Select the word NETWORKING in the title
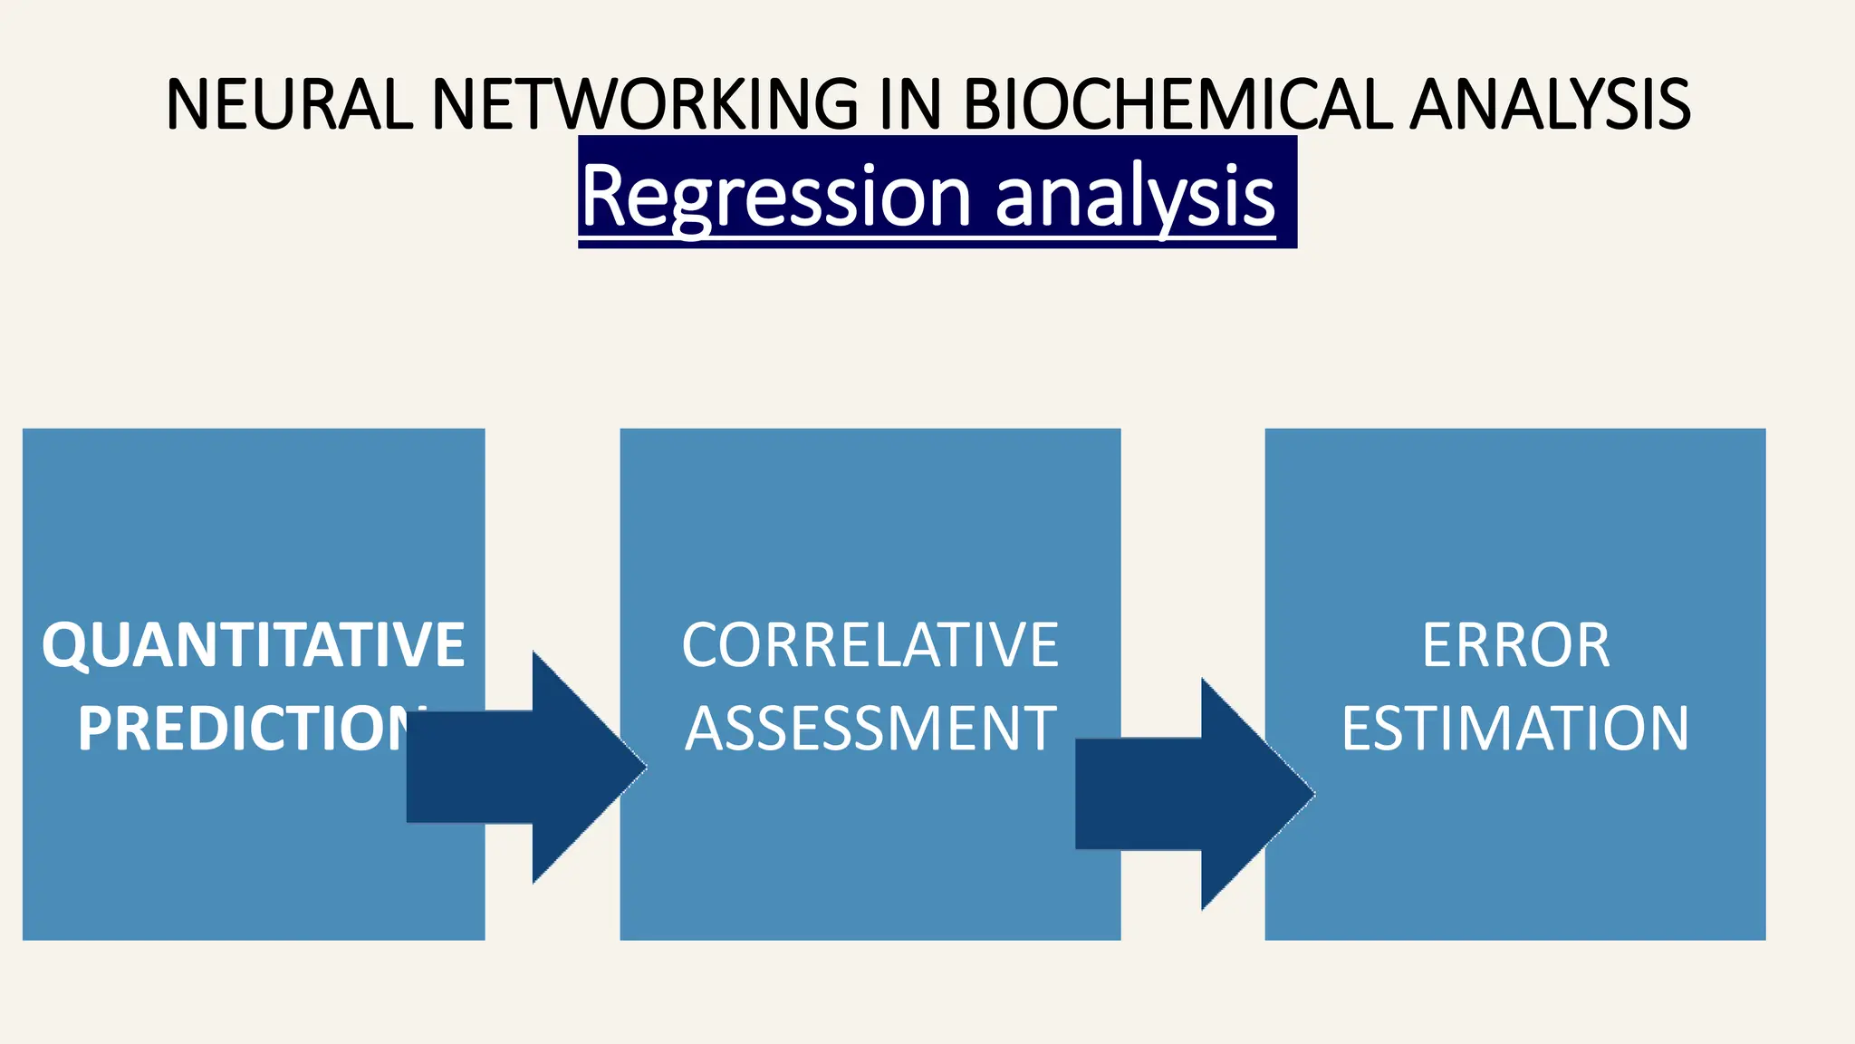tap(645, 103)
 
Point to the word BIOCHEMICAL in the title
tap(1177, 103)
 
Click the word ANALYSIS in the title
tap(1551, 103)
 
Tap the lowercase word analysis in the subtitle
tap(1135, 196)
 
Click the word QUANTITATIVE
tap(253, 645)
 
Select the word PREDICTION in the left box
tap(245, 729)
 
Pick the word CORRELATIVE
tap(870, 645)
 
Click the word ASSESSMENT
tap(870, 729)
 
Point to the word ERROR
tap(1515, 645)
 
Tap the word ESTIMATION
tap(1515, 729)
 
